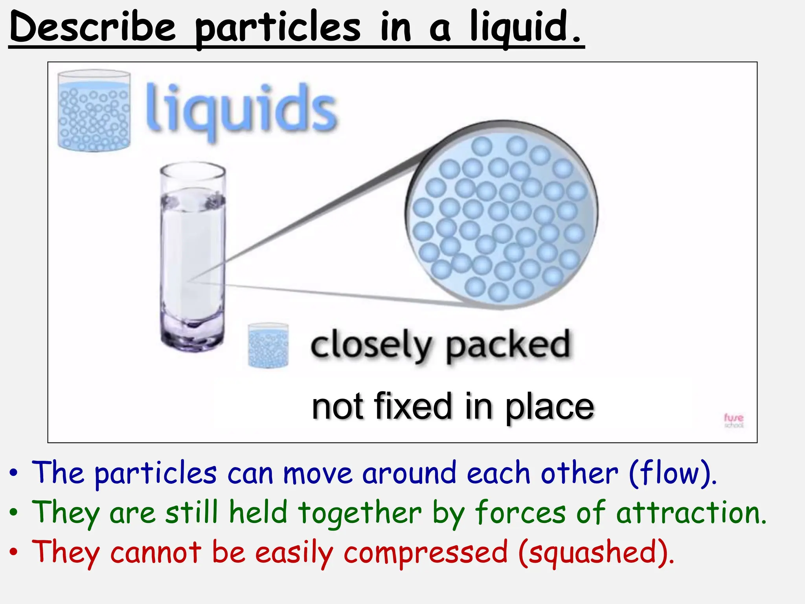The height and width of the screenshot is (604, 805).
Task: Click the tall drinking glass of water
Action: click(x=193, y=256)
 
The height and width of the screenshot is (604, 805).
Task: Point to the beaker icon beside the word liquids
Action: click(x=94, y=111)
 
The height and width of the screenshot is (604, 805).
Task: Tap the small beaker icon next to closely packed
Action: click(x=268, y=345)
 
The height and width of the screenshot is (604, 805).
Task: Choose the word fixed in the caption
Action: click(x=413, y=407)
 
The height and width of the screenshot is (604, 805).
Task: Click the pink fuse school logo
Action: click(x=733, y=420)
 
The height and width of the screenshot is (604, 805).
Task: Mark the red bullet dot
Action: click(x=14, y=552)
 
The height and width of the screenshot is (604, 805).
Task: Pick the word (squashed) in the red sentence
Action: click(x=596, y=552)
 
